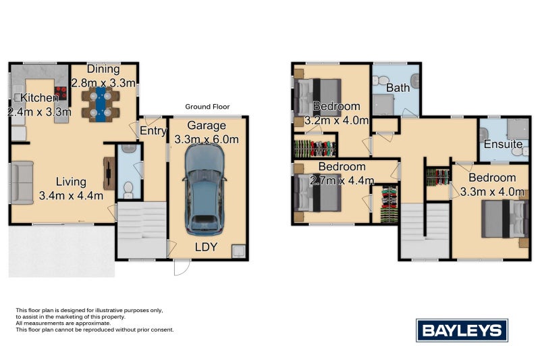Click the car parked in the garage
(205, 188)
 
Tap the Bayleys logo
(462, 330)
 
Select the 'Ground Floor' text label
(207, 107)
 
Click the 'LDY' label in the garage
(205, 247)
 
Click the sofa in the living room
(22, 182)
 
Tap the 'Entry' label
(153, 131)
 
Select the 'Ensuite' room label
(503, 145)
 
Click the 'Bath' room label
(398, 88)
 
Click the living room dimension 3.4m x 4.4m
(71, 196)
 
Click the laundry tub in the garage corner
(238, 251)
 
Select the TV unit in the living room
(108, 174)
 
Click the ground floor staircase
(142, 230)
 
